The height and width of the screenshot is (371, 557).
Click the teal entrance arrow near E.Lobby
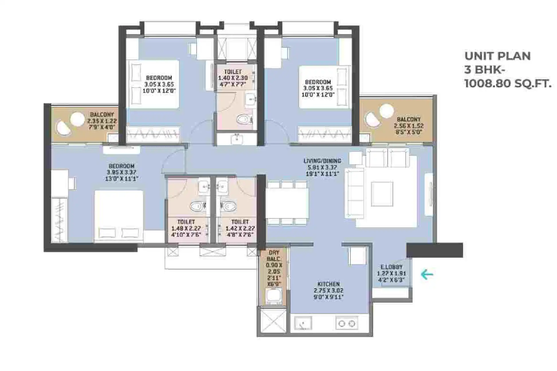coord(427,275)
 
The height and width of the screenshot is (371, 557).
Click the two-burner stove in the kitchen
coord(347,324)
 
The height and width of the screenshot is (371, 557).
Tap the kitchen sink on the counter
coord(303,323)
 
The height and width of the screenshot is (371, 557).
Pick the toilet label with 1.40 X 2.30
coord(233,78)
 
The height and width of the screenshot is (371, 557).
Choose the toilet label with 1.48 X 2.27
coord(186,228)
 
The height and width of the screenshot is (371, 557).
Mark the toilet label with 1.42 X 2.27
coord(240,228)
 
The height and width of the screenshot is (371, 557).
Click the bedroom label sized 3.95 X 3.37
coord(121,172)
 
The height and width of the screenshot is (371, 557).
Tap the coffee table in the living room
coord(382,194)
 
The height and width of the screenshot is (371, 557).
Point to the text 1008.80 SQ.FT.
coord(507,84)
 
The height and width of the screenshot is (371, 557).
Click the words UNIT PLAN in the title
coord(498,56)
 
